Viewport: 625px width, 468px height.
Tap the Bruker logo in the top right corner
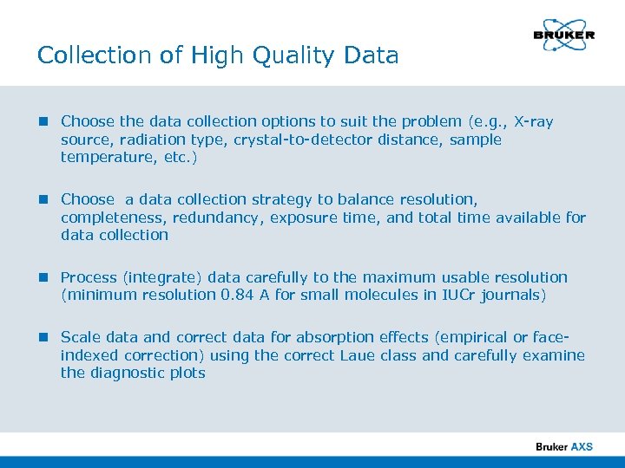point(563,35)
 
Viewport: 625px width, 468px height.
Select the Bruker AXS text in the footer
point(564,447)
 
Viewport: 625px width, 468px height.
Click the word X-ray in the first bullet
point(534,122)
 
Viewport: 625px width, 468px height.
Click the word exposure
point(300,218)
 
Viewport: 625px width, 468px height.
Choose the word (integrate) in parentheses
point(157,277)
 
